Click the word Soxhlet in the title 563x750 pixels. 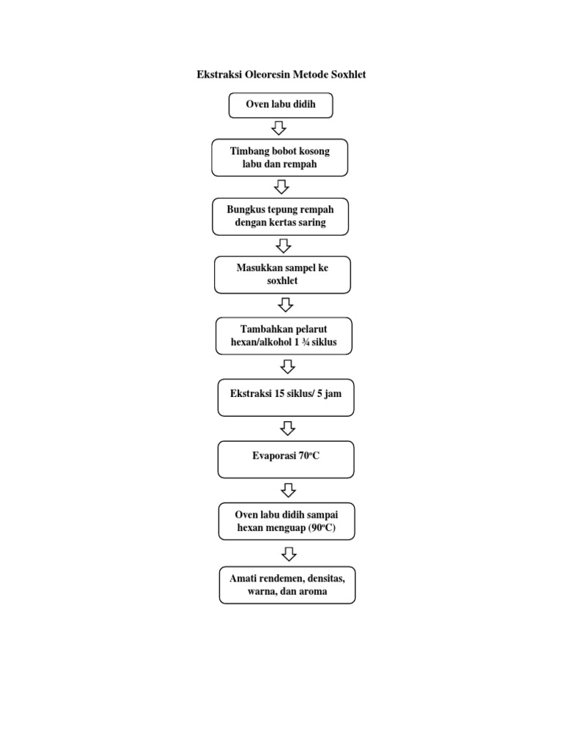tap(346, 75)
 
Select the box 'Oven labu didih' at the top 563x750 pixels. tap(280, 105)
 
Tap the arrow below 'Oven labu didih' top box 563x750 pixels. tap(279, 128)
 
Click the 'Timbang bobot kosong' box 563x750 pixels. tap(280, 157)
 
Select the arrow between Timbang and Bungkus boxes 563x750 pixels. tap(281, 187)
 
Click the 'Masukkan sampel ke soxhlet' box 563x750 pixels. tap(282, 275)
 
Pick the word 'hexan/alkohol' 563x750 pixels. tap(261, 342)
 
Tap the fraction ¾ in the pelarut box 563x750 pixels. tap(310, 342)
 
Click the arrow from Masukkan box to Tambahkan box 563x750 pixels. tap(286, 304)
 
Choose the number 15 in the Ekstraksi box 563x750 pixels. tap(279, 393)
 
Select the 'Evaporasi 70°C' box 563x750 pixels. tap(286, 459)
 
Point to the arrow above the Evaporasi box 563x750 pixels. tap(287, 428)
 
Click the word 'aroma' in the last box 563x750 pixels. tap(312, 591)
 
